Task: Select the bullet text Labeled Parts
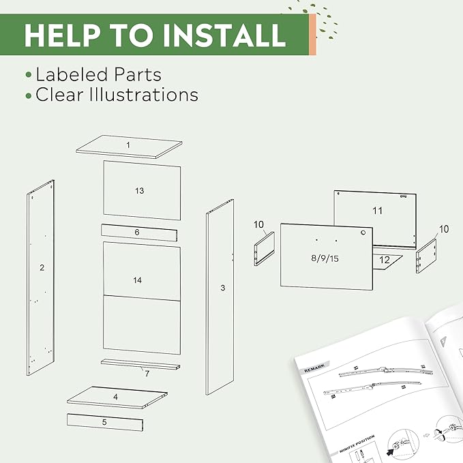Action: [x=98, y=74]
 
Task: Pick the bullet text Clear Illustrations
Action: [x=117, y=95]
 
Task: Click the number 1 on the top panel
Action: [x=128, y=145]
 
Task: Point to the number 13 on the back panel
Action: [x=139, y=191]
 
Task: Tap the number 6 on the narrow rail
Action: [x=136, y=233]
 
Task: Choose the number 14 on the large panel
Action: [x=139, y=280]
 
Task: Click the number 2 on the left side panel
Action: [x=42, y=268]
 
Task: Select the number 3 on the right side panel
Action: [x=222, y=288]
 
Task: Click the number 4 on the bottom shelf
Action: [x=115, y=396]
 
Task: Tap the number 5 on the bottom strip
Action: [x=104, y=422]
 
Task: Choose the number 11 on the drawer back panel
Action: [x=378, y=211]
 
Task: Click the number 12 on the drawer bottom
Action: [x=384, y=260]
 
